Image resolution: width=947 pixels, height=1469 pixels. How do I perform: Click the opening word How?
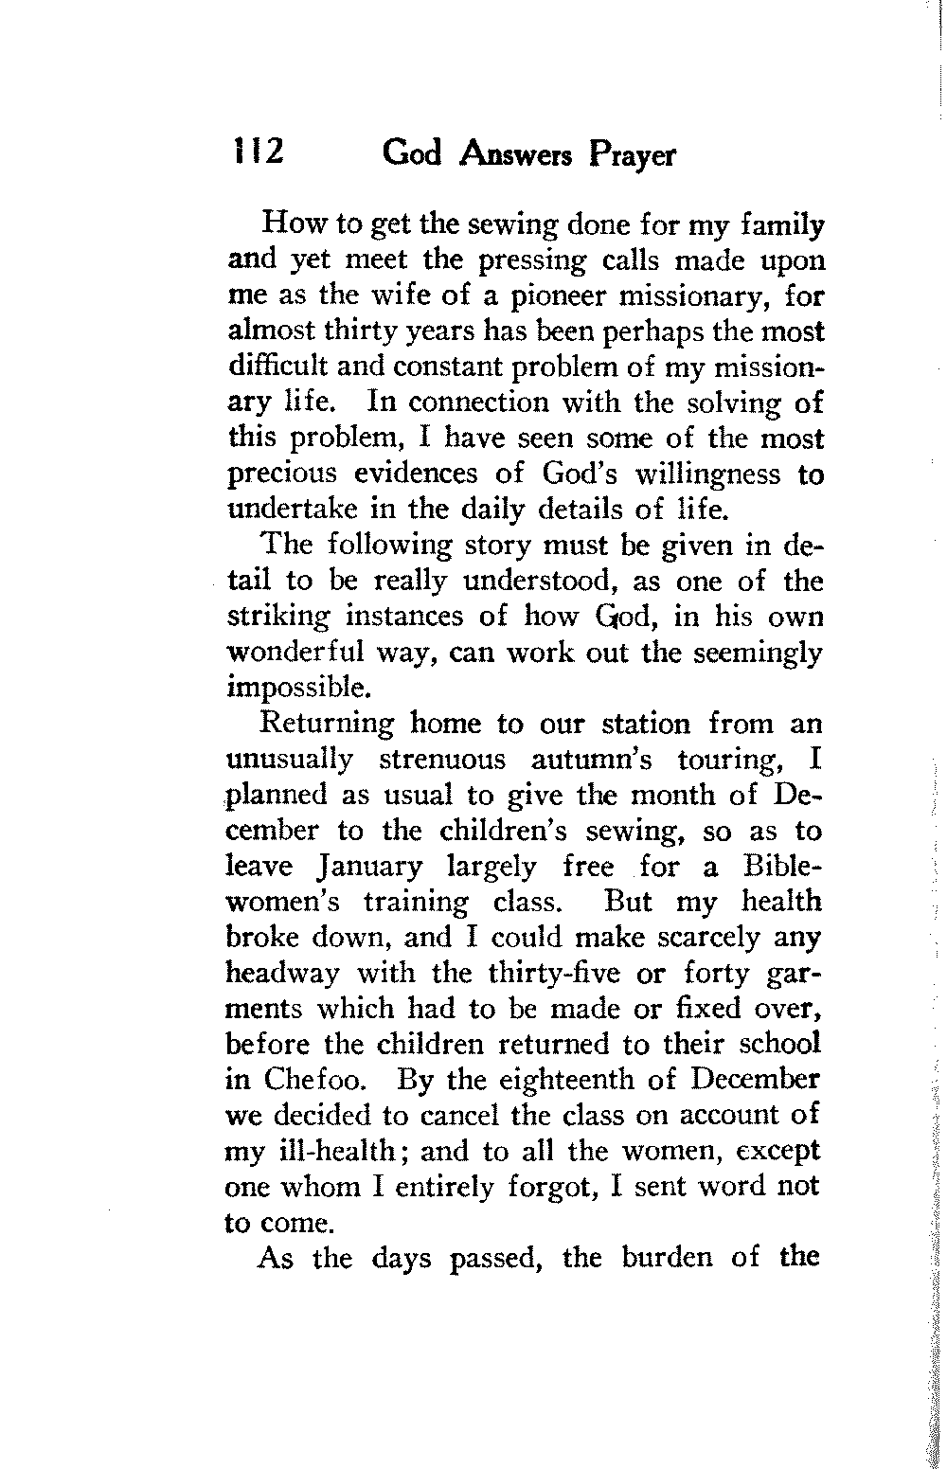click(289, 225)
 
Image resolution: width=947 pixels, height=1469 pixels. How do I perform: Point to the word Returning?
click(328, 725)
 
